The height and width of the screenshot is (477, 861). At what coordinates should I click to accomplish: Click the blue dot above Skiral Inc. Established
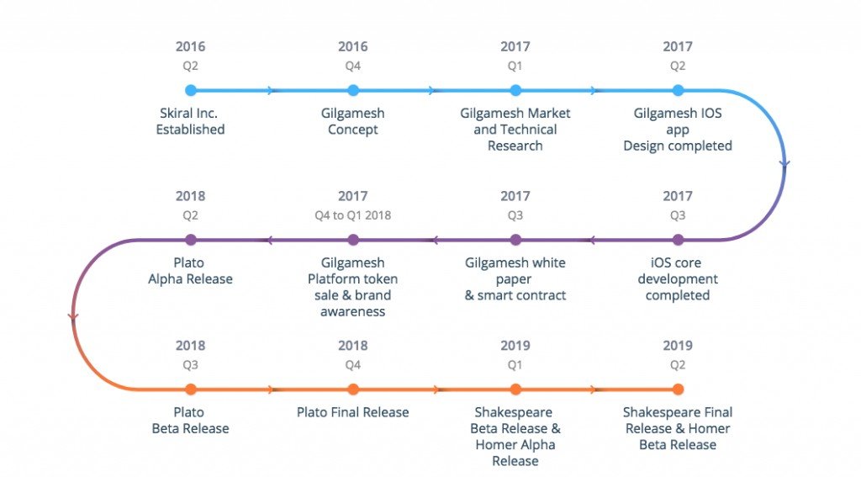pos(191,90)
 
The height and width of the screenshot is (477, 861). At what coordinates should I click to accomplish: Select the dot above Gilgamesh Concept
pos(353,90)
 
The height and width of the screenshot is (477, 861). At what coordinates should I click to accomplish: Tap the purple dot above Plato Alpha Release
pos(191,240)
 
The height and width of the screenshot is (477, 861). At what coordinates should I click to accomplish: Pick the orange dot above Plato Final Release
pos(353,389)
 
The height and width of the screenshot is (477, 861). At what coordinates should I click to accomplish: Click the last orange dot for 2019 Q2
pos(679,389)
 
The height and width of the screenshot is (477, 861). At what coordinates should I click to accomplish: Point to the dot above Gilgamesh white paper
pos(515,240)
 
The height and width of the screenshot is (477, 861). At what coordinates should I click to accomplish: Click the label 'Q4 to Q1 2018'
pos(352,215)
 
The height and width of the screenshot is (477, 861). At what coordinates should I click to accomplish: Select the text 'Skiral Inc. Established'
pos(190,121)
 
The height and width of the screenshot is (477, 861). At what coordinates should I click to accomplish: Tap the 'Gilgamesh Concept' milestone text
pos(352,121)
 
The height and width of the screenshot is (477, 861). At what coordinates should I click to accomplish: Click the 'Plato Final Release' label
pos(352,412)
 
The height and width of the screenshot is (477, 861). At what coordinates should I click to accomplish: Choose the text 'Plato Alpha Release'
pos(190,270)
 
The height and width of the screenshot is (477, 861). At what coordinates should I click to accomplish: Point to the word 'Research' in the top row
pos(515,146)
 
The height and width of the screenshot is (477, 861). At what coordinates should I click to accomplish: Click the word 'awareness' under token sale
pos(352,311)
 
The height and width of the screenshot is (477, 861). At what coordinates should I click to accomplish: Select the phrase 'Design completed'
pos(678,146)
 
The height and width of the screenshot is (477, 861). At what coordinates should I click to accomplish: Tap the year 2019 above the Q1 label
pos(515,345)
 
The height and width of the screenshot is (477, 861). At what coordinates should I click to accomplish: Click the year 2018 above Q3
pos(190,345)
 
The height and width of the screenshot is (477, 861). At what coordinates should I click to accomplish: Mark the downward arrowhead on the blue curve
pos(784,163)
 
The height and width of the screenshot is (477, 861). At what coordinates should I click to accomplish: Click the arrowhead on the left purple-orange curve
pos(73,316)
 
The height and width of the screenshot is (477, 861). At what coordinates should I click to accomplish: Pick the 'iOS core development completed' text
pos(678,278)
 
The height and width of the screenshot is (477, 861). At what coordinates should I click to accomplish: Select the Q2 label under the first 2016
pos(190,66)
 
